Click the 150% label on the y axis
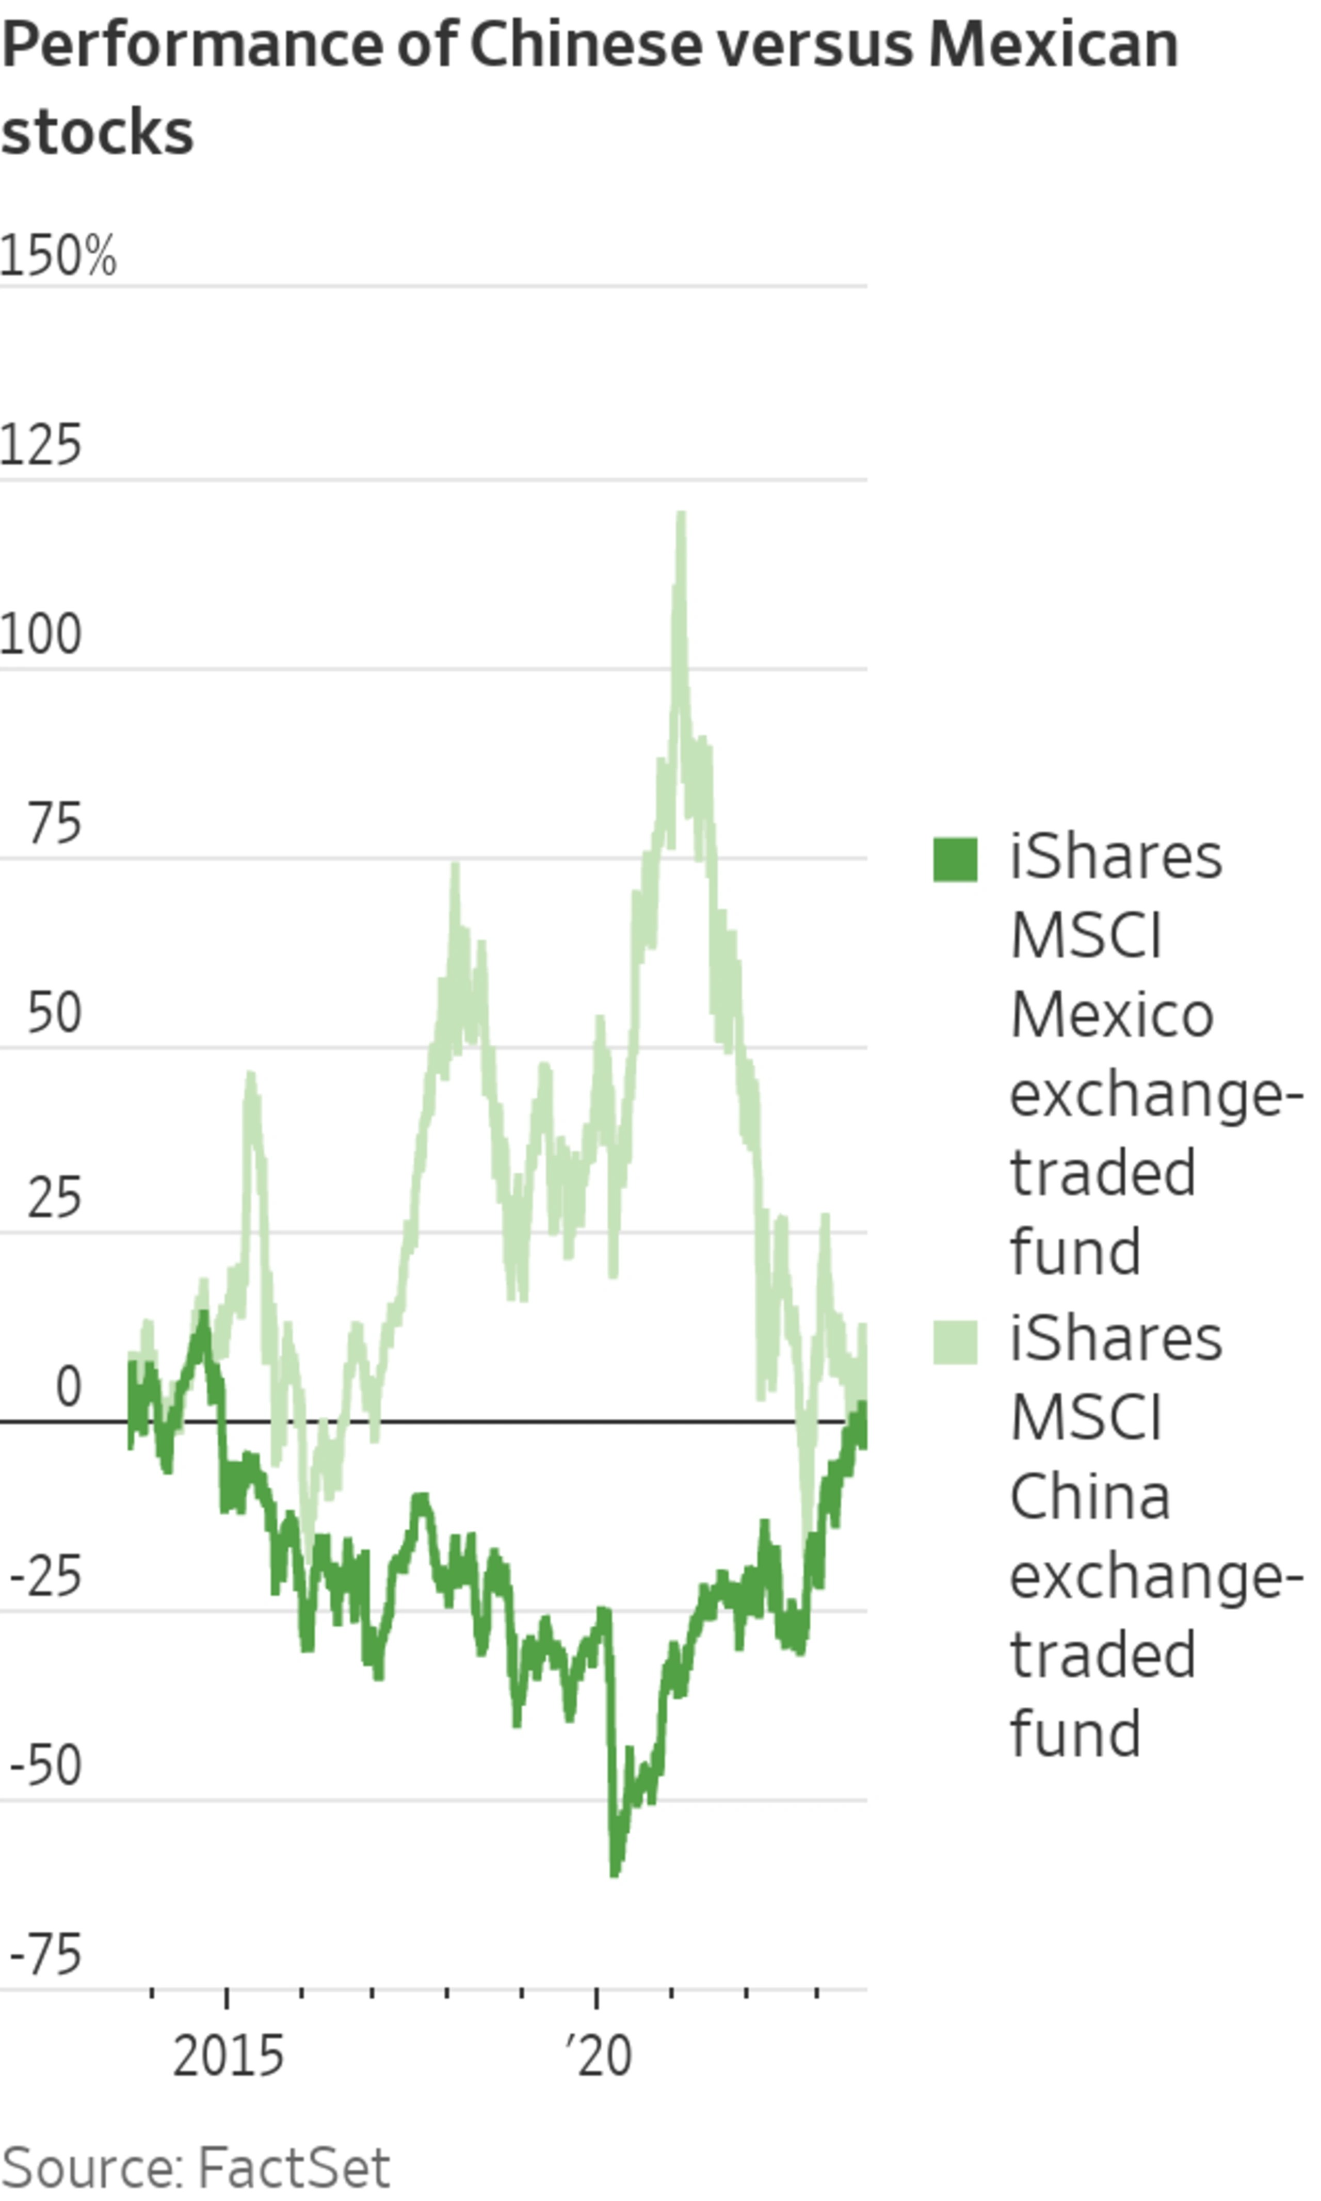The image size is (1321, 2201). coord(58,255)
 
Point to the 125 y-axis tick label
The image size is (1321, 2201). coord(41,445)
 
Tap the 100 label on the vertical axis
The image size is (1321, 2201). coord(41,635)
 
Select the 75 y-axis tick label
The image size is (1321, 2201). coord(54,824)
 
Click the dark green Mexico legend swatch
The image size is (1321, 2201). coord(955,860)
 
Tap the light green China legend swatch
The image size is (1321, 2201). coord(955,1342)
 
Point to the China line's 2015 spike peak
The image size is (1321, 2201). coord(250,1075)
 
